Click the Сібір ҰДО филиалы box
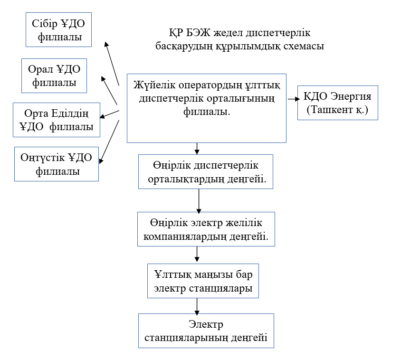click(58, 29)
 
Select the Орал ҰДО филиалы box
click(55, 76)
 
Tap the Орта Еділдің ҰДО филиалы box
click(57, 120)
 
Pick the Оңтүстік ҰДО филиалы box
click(57, 164)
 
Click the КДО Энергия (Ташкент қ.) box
click(337, 103)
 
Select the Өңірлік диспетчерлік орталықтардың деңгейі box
click(206, 172)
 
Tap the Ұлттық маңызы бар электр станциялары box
click(203, 281)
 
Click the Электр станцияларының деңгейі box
click(206, 331)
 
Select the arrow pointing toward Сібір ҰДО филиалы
click(112, 62)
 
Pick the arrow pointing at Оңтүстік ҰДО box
click(110, 141)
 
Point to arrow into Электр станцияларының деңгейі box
click(196, 306)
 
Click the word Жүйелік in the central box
click(154, 86)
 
